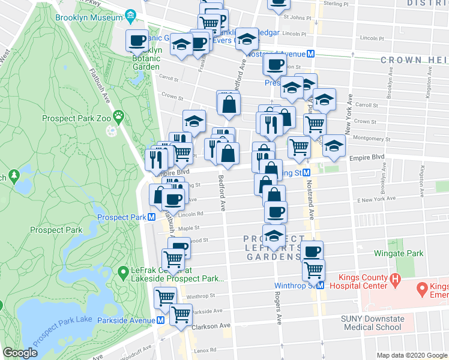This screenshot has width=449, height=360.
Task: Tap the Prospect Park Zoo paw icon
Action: coord(121,114)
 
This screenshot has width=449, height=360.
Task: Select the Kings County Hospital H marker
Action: coord(395,278)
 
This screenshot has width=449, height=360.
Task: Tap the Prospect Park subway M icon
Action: coord(152,217)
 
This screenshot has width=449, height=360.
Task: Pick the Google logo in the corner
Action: coord(20,353)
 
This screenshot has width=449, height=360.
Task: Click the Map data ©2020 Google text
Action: coord(412,355)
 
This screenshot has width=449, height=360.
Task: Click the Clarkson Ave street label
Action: coord(211,326)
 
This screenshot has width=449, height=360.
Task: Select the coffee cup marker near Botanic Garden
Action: coord(137,41)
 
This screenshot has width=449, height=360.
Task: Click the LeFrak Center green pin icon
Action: coord(122,272)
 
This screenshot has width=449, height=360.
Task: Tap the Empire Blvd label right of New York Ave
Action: coord(367,158)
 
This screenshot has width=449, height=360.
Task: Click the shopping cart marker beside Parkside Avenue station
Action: coord(180,314)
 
